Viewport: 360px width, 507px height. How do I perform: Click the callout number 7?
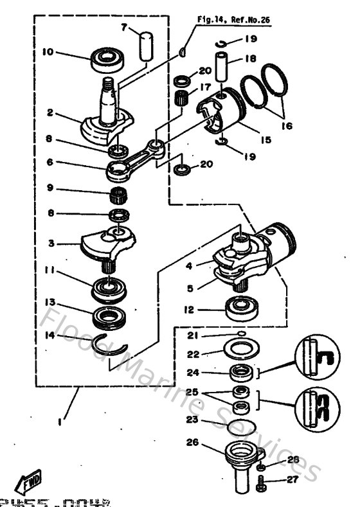click(x=124, y=27)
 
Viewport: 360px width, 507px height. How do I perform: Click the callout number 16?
click(x=286, y=127)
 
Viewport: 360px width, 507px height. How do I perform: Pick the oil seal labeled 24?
click(x=241, y=372)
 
